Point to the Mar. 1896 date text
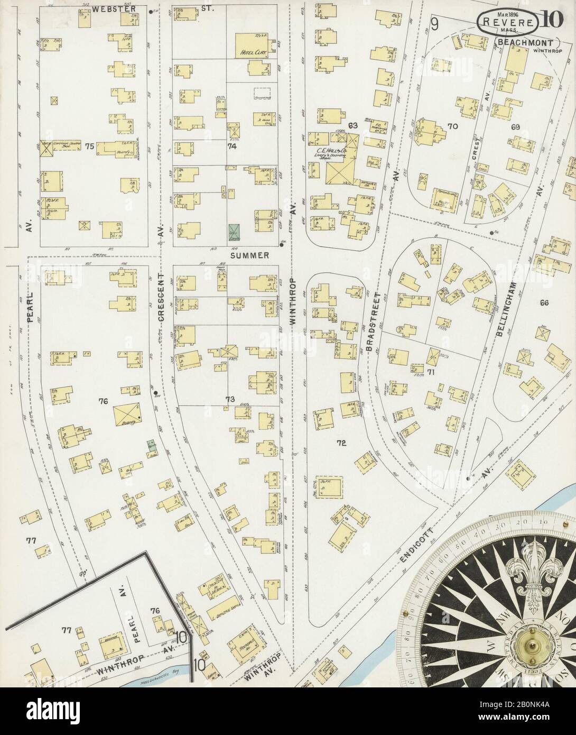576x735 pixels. coord(492,10)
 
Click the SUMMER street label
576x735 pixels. coord(249,255)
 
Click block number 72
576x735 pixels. coord(341,443)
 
